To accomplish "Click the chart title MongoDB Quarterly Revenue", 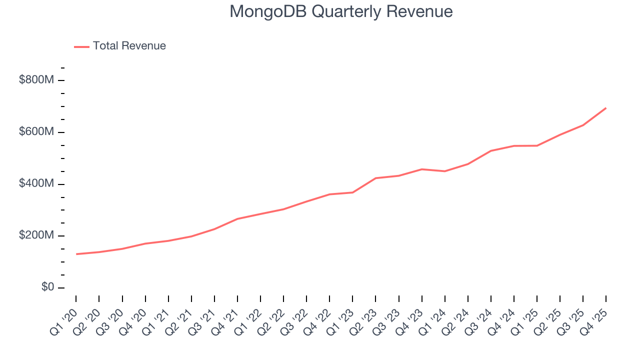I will pyautogui.click(x=341, y=11).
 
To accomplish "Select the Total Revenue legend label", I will pyautogui.click(x=129, y=46).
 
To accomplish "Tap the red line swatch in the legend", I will pyautogui.click(x=81, y=46).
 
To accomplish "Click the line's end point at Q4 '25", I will pyautogui.click(x=606, y=108).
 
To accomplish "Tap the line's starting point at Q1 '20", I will pyautogui.click(x=76, y=254).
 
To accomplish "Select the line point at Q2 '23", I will pyautogui.click(x=375, y=178).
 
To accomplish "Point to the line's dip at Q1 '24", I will pyautogui.click(x=444, y=171).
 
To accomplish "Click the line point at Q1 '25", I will pyautogui.click(x=537, y=145).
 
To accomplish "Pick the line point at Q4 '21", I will pyautogui.click(x=237, y=218).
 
